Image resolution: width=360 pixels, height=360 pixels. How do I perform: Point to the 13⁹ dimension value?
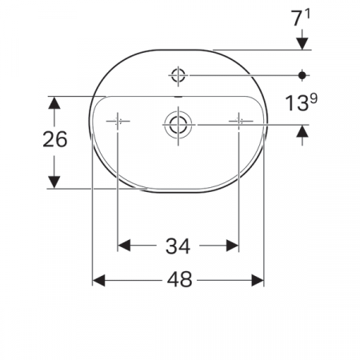(x=301, y=102)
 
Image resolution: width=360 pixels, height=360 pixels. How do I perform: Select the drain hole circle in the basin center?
(x=177, y=124)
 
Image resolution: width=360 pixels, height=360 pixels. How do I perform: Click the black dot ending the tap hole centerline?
(x=302, y=75)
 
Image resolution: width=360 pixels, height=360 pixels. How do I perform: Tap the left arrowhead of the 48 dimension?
(x=99, y=280)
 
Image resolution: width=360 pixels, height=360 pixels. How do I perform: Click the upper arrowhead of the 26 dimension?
(x=54, y=102)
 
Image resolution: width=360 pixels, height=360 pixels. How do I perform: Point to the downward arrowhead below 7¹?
(x=302, y=43)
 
